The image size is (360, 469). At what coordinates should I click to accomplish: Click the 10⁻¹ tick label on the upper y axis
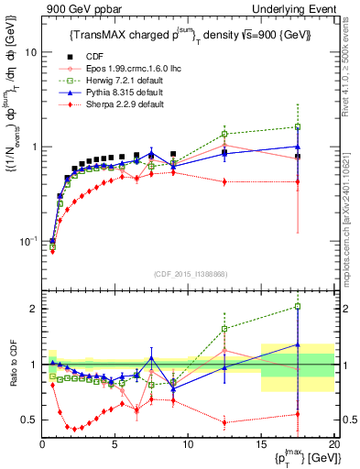click(27, 242)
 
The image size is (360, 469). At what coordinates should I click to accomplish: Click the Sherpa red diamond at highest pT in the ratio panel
click(298, 414)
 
